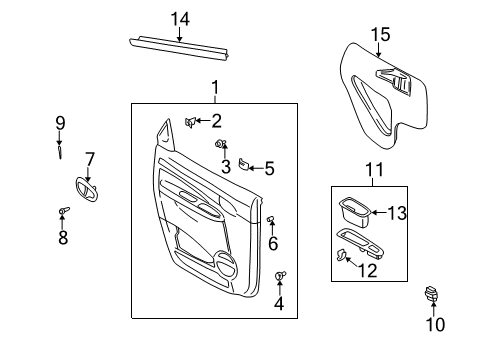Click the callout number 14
pos(179,19)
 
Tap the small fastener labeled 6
pos(270,220)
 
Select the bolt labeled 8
pos(63,211)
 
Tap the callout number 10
pos(435,324)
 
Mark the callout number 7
pos(89,158)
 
